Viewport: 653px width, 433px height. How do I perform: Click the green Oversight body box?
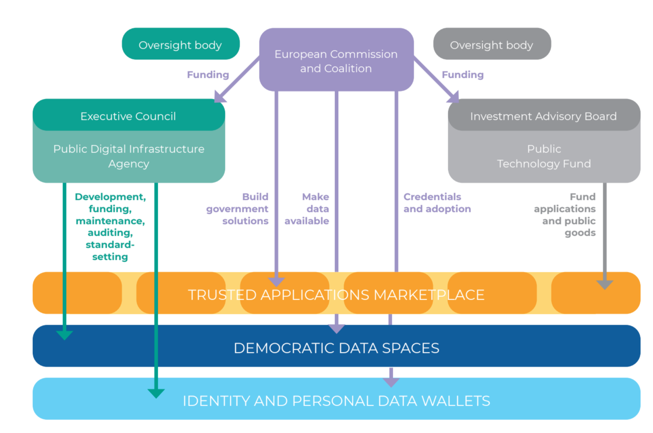(x=180, y=44)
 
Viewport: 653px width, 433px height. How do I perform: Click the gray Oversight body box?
(x=492, y=44)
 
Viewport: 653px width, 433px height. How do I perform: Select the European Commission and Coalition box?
(x=336, y=61)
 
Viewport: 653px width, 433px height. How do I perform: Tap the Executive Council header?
(x=128, y=116)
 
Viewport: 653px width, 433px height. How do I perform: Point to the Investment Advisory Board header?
(x=543, y=116)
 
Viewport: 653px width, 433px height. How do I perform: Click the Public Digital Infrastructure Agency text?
(x=129, y=156)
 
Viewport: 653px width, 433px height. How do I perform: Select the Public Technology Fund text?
(x=544, y=156)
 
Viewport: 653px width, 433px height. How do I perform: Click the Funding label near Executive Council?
(x=208, y=74)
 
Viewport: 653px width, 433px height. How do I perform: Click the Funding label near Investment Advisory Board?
(x=462, y=74)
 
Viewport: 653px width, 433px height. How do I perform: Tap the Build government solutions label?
(x=238, y=209)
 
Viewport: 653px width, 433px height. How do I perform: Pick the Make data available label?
(x=307, y=209)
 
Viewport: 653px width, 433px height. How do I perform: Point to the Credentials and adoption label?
(x=437, y=203)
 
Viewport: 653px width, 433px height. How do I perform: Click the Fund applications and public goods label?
(x=565, y=214)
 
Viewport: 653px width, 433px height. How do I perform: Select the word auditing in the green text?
(x=110, y=233)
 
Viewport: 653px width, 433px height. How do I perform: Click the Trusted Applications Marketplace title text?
(x=336, y=295)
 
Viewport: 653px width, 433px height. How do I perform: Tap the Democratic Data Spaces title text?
(x=336, y=348)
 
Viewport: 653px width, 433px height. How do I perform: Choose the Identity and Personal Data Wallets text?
(x=336, y=401)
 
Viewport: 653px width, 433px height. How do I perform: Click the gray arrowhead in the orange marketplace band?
(x=604, y=285)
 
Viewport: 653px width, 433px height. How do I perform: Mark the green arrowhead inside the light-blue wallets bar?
(x=156, y=393)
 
